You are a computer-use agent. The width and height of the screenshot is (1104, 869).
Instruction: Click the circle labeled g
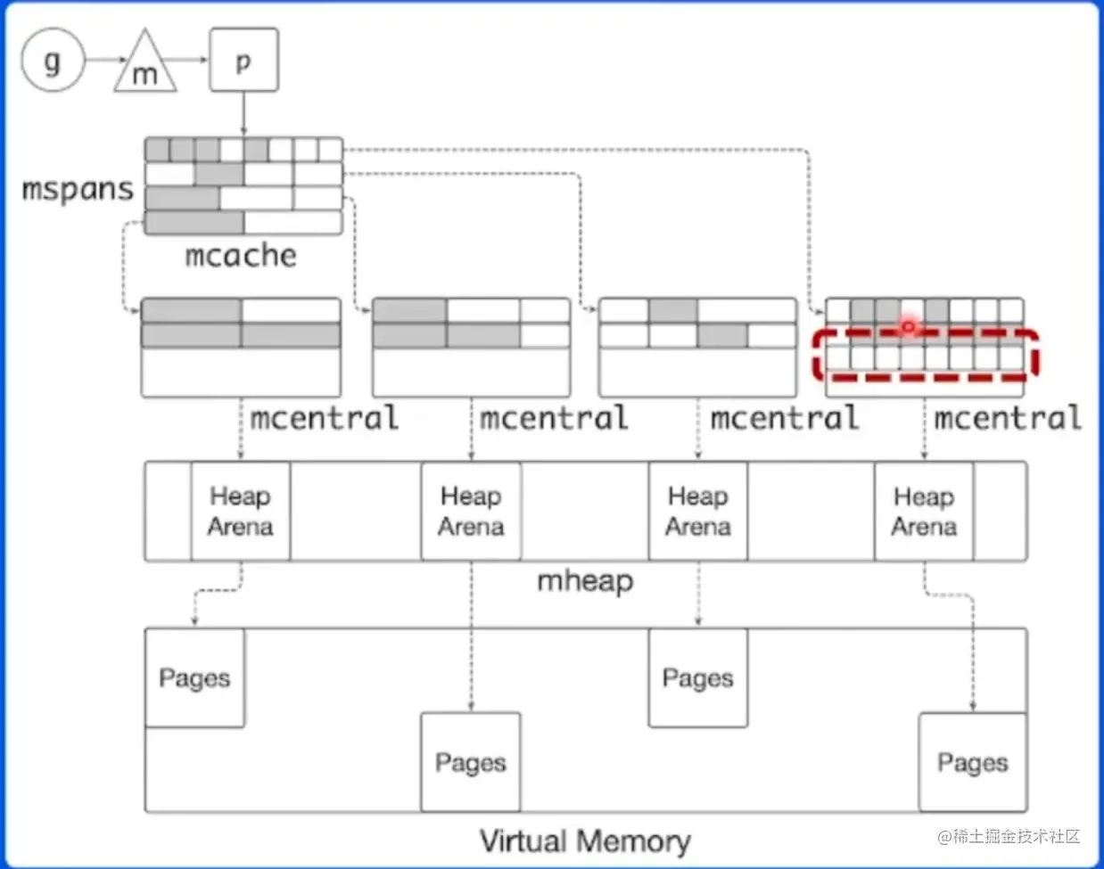53,61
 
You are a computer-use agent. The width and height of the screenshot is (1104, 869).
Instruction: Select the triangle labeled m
144,67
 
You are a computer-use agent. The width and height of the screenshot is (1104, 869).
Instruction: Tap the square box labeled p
243,60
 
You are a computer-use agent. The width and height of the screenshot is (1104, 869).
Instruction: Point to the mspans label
78,189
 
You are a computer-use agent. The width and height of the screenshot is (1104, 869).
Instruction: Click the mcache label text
241,256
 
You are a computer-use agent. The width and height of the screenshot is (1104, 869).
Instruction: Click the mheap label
585,581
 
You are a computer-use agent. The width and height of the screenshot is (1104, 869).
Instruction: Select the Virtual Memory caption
585,840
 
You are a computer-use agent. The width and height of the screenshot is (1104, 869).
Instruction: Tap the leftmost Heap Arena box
240,511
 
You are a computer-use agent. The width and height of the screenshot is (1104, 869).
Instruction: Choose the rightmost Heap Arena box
924,511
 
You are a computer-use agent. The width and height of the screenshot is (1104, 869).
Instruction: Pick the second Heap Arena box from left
471,511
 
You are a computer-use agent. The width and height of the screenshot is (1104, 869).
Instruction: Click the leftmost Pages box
194,677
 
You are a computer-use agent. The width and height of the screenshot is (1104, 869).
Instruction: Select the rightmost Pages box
973,762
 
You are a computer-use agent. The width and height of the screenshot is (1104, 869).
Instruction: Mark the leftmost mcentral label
324,418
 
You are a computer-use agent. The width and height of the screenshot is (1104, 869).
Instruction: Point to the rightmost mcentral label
1008,418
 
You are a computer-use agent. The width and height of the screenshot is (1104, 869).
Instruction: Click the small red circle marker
908,327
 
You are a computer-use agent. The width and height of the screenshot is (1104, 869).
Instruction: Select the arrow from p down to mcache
243,113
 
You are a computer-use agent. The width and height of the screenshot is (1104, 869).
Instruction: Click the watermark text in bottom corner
1009,836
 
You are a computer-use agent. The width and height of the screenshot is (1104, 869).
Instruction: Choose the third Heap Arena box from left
698,511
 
